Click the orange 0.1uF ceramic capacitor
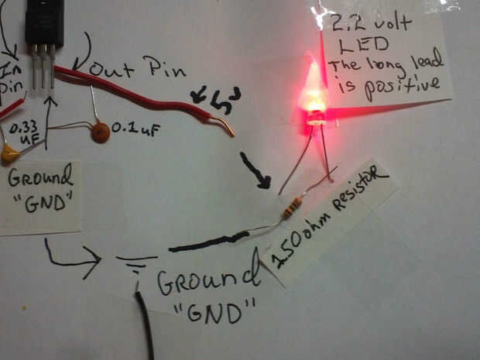pyautogui.click(x=99, y=132)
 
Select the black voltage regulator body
pyautogui.click(x=44, y=22)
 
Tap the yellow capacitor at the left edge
pyautogui.click(x=9, y=153)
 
